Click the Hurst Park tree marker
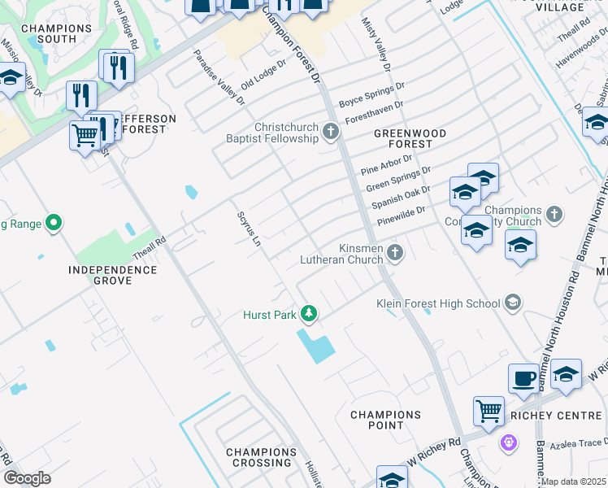click(308, 313)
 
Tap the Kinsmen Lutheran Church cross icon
click(395, 252)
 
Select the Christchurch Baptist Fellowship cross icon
click(330, 131)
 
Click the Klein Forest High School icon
click(512, 303)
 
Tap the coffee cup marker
click(524, 378)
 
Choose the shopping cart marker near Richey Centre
click(489, 411)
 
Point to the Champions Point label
click(385, 420)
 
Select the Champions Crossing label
click(258, 457)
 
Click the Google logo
click(27, 478)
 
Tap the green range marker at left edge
click(54, 222)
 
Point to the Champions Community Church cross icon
click(554, 215)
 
